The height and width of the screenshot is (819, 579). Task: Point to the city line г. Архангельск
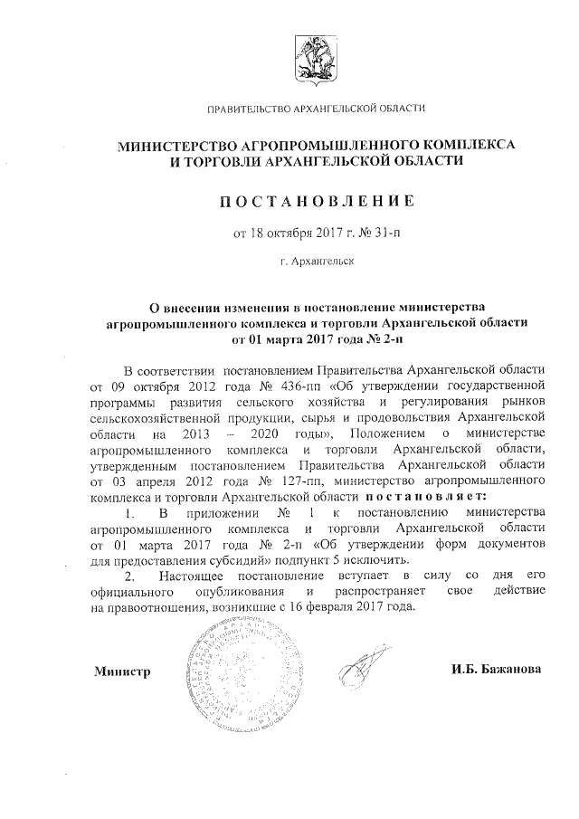[318, 262]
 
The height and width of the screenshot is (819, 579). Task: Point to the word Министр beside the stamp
[121, 671]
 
